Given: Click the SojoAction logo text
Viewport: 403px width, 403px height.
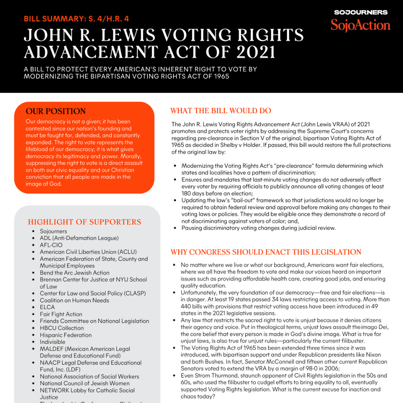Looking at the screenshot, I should (360, 25).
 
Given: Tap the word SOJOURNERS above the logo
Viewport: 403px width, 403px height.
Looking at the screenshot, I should (360, 12).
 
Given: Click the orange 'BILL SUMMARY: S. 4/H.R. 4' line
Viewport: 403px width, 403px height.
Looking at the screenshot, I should (76, 19).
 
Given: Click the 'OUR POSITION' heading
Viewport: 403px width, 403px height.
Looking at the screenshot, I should (56, 111).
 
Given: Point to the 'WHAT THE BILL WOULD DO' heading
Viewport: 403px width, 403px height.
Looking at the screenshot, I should (221, 111).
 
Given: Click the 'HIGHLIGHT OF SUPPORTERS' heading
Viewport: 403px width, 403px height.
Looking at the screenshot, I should (85, 222).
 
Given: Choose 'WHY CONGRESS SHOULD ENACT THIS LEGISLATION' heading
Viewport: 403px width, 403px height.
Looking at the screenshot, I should (266, 252).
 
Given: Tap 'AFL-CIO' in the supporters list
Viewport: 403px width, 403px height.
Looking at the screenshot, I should (51, 245).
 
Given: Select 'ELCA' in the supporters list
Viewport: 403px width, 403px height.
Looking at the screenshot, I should (47, 307).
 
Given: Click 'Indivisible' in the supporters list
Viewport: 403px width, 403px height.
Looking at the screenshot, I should (53, 342).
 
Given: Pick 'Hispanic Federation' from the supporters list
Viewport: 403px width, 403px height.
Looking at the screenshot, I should (66, 335).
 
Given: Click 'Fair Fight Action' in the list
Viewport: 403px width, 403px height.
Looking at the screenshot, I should (61, 314).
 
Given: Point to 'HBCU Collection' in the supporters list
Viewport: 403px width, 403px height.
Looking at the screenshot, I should (62, 328).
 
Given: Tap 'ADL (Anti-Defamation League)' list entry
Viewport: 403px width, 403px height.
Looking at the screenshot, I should (79, 238).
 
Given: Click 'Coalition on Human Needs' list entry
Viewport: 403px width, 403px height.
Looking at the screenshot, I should (75, 300).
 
